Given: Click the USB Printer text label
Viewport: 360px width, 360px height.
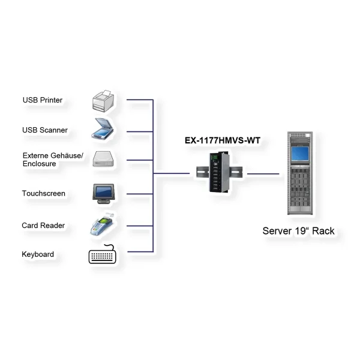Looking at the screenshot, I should pos(42,100).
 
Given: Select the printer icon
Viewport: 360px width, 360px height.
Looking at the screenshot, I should pos(103,100).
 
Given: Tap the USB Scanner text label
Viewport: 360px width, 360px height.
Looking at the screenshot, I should pos(44,130).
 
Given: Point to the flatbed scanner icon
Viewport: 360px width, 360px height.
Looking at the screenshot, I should pos(103,129).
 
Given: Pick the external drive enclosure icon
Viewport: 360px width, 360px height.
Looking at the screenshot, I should pos(103,159).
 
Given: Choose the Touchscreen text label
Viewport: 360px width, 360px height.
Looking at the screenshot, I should pos(43,193).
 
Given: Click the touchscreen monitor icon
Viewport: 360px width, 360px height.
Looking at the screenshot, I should pos(103,192).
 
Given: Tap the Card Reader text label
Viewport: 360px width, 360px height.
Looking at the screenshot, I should pos(43,225).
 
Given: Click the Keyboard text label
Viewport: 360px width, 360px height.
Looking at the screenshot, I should pos(38,254).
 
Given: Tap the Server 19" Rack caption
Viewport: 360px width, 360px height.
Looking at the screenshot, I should pos(298,231).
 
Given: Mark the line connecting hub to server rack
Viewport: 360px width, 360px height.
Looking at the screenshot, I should pos(263,174).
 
